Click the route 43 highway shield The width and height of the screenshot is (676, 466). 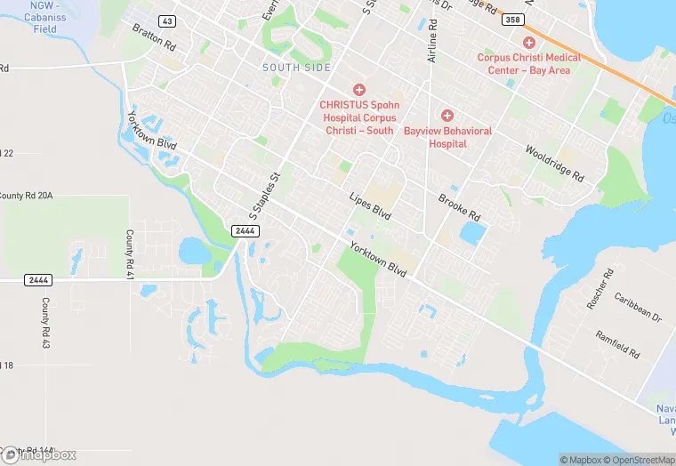click(166, 20)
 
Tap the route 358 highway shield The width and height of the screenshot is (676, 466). click(511, 19)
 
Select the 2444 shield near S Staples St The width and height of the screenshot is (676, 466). click(245, 231)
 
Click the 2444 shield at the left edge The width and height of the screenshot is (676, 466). click(37, 280)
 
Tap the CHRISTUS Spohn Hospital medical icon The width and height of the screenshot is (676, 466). click(359, 90)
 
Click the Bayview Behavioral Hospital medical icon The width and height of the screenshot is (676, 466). click(447, 116)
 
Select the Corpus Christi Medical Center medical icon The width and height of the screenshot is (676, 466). click(529, 43)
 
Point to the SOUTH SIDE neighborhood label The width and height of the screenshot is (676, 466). click(296, 68)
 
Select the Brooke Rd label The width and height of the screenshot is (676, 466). click(459, 207)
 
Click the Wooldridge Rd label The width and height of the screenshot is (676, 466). click(554, 164)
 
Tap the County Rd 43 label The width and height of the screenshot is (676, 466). click(44, 322)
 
